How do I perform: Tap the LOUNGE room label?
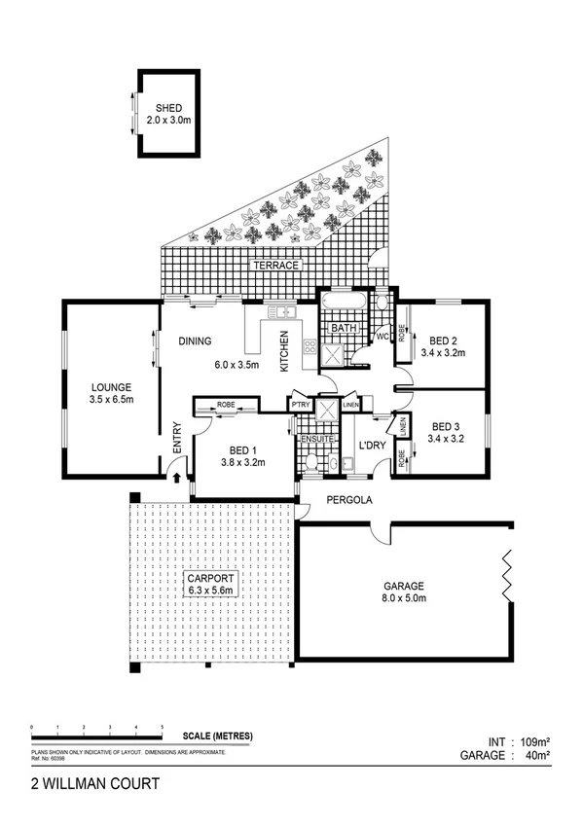(110, 386)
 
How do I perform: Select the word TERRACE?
(275, 265)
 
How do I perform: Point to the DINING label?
(197, 341)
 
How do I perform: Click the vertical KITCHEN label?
(285, 352)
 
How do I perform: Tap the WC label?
(383, 337)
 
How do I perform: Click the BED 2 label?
(443, 341)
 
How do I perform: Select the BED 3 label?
(445, 426)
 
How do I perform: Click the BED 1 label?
(243, 449)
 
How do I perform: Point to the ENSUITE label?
(317, 440)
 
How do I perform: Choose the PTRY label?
(298, 405)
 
